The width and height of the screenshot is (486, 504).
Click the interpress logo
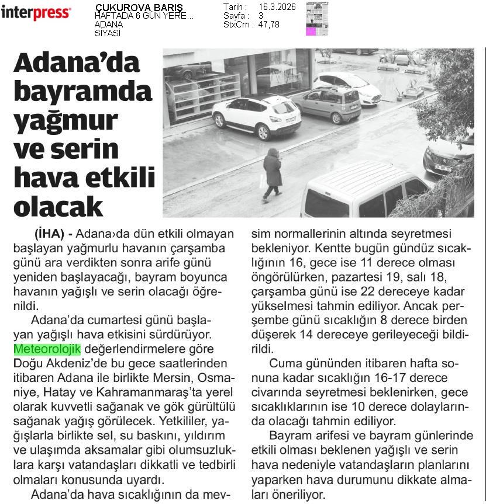click(x=36, y=12)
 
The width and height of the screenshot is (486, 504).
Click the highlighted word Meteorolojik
click(x=47, y=349)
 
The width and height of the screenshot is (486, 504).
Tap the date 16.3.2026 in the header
click(x=276, y=7)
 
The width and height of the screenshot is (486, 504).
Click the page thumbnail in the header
click(x=317, y=19)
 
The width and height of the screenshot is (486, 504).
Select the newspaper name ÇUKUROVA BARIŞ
click(x=139, y=8)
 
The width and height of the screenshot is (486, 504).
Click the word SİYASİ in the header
click(x=108, y=33)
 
